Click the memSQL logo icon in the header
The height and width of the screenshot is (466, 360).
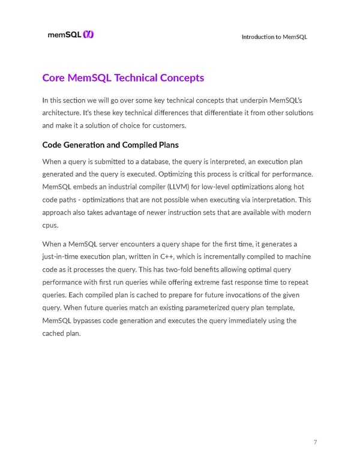tap(88, 35)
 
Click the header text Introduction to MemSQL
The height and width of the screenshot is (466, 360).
tap(274, 37)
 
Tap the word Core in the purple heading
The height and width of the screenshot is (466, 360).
tap(54, 78)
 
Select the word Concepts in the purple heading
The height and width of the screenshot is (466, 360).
tap(181, 78)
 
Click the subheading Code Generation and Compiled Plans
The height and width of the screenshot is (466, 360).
tap(110, 145)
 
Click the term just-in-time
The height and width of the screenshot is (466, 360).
tap(62, 257)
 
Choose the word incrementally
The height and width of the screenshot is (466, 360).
tap(220, 257)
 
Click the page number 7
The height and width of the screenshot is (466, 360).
tap(315, 443)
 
